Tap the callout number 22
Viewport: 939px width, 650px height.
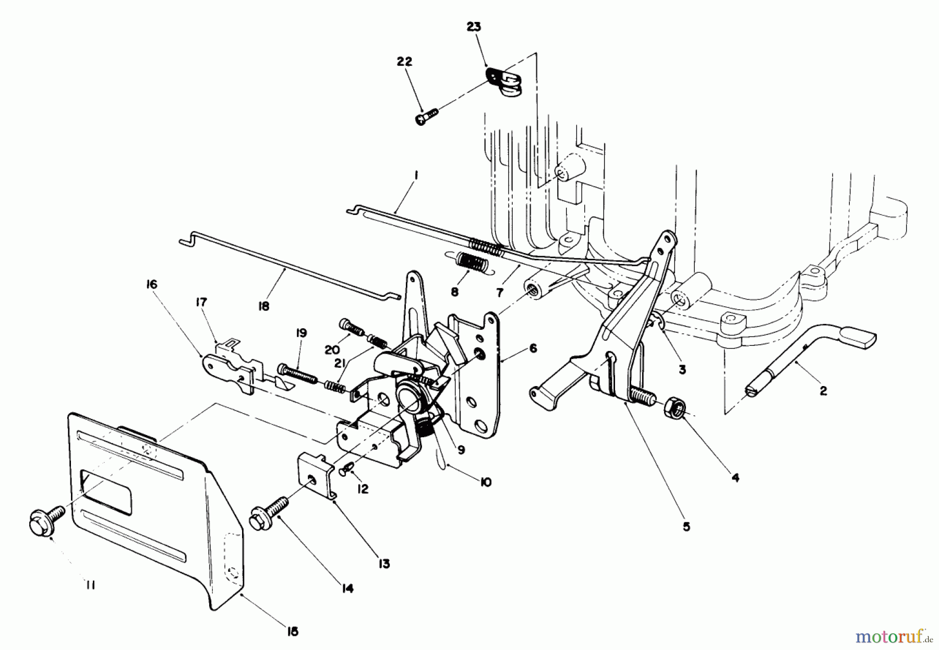[x=404, y=62]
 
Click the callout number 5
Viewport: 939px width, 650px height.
[x=687, y=527]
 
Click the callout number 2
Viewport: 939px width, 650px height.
[x=823, y=390]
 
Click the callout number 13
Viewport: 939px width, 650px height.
[x=384, y=564]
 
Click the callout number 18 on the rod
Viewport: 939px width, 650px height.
[x=263, y=307]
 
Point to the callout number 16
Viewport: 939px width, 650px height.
[x=152, y=285]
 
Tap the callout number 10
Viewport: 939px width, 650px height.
[x=485, y=483]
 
